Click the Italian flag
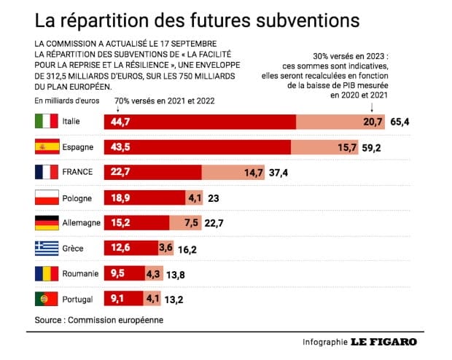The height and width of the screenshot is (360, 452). (47, 122)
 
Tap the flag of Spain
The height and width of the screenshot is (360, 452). (47, 147)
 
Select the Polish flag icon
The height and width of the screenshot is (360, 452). (47, 197)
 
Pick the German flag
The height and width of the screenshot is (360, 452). (47, 223)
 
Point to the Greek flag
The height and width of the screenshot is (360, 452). (47, 249)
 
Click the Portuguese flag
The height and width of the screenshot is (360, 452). (47, 299)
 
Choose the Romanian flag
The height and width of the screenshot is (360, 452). (47, 274)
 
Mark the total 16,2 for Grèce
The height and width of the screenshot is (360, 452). (188, 249)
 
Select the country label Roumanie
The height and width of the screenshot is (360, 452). (82, 274)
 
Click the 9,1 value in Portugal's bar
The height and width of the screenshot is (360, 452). (117, 299)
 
